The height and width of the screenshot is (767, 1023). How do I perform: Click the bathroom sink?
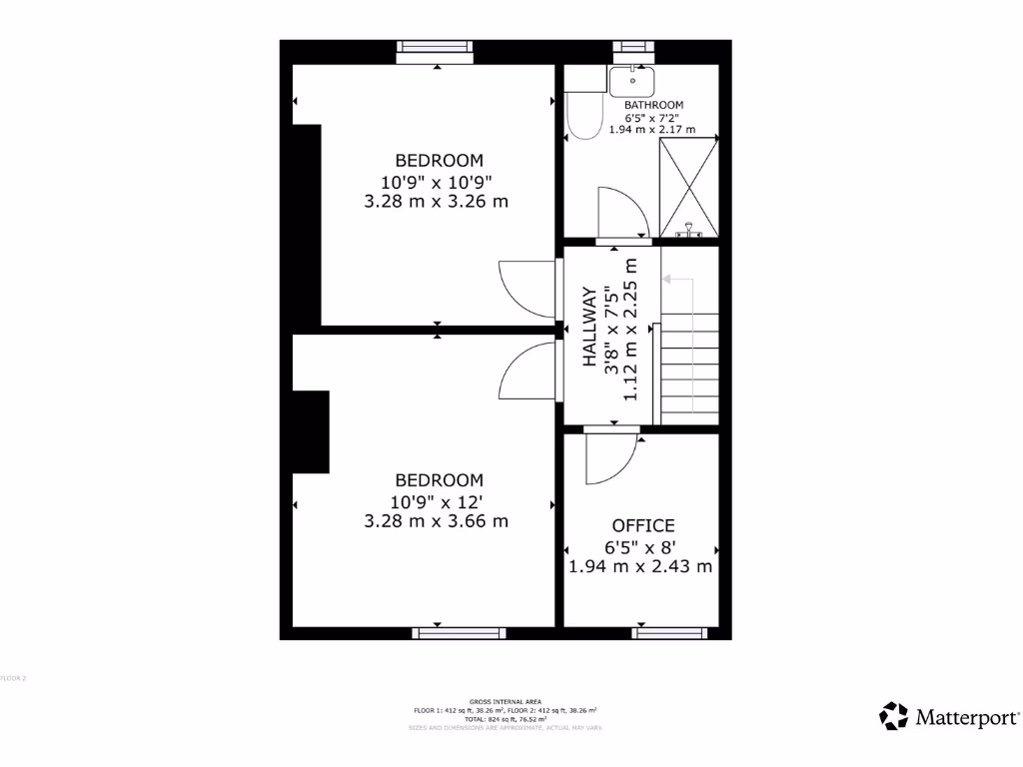click(631, 79)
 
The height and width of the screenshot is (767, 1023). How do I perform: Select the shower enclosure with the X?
click(689, 187)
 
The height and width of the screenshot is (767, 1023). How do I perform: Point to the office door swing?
click(609, 458)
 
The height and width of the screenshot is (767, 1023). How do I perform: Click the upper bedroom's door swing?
click(525, 289)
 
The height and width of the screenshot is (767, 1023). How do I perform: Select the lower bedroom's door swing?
click(526, 371)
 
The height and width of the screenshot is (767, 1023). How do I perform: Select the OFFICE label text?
click(643, 525)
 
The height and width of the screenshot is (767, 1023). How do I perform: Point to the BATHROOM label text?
click(653, 105)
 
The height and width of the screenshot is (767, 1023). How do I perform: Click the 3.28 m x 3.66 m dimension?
click(437, 520)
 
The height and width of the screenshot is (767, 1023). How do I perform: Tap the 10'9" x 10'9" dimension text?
click(437, 182)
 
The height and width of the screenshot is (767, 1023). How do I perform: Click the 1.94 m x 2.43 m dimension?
click(640, 566)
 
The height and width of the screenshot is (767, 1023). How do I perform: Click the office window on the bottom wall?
click(669, 632)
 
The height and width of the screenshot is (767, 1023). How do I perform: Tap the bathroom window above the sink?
click(632, 46)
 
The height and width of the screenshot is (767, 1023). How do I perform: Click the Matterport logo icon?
click(893, 716)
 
